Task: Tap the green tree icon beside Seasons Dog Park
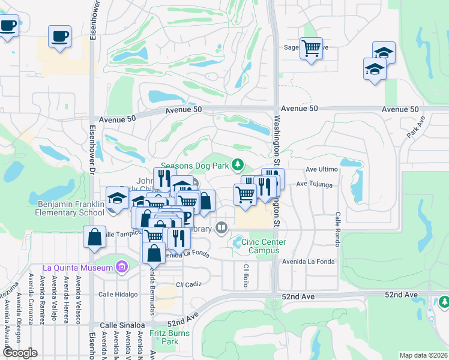(238, 164)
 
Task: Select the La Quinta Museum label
(78, 267)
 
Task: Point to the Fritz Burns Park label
(170, 337)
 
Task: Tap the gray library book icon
(221, 227)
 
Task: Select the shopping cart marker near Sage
(311, 48)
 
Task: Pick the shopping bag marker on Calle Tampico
(95, 236)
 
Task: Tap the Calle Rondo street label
(338, 228)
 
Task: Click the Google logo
(20, 353)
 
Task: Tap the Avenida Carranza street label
(30, 298)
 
